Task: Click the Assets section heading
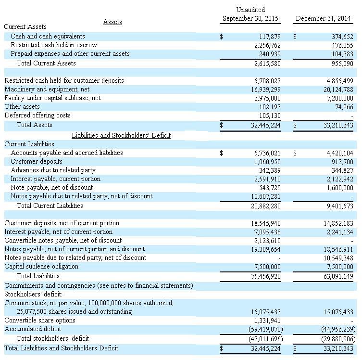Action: pyautogui.click(x=112, y=22)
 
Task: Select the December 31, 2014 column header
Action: pyautogui.click(x=324, y=19)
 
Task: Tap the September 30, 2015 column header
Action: pyautogui.click(x=250, y=19)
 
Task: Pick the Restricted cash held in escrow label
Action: pyautogui.click(x=54, y=45)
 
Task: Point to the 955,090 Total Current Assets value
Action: pyautogui.click(x=342, y=64)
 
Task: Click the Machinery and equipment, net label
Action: pyautogui.click(x=47, y=90)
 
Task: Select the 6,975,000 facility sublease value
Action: pyautogui.click(x=267, y=98)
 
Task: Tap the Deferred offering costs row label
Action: pyautogui.click(x=37, y=116)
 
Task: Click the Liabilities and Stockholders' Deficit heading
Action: pyautogui.click(x=121, y=136)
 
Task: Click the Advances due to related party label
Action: pyautogui.click(x=53, y=170)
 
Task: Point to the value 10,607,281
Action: pyautogui.click(x=266, y=196)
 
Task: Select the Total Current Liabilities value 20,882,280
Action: pyautogui.click(x=266, y=206)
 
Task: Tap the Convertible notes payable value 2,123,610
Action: pyautogui.click(x=267, y=241)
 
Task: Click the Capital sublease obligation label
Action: pyautogui.click(x=41, y=267)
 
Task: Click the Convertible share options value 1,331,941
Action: pyautogui.click(x=267, y=321)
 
